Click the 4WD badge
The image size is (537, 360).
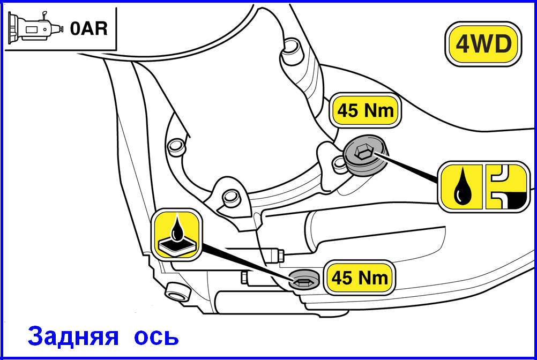[483, 44]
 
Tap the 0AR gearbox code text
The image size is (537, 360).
[89, 28]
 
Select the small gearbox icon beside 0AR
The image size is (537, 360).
[35, 28]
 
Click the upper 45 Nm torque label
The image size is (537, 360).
[365, 110]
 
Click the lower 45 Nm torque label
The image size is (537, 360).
[360, 277]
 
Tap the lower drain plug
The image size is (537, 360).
[304, 279]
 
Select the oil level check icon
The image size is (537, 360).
[506, 187]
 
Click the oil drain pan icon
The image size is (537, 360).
[177, 235]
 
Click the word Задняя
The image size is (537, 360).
[73, 336]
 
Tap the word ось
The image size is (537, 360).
[156, 337]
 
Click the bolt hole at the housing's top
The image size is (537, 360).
[291, 47]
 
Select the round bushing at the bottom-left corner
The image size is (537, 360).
[177, 291]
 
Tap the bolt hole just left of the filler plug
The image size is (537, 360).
[339, 163]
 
